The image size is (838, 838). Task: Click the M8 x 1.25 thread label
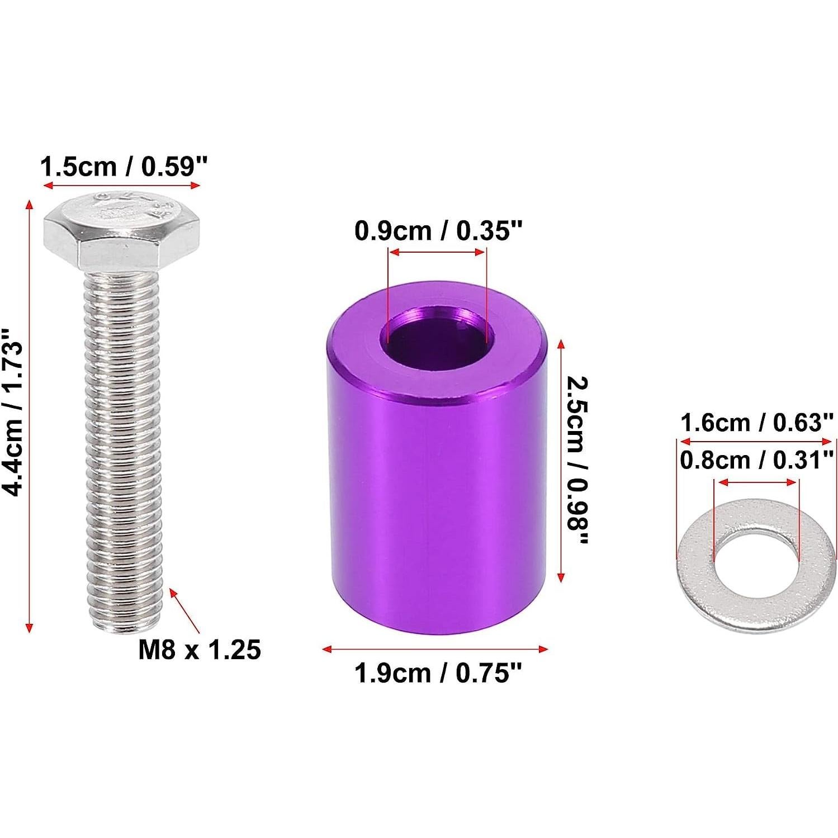[x=200, y=650]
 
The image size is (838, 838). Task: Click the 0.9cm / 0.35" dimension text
[x=438, y=231]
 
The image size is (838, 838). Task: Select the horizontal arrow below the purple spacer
[x=435, y=649]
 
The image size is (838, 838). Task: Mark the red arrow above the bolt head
[x=122, y=186]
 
